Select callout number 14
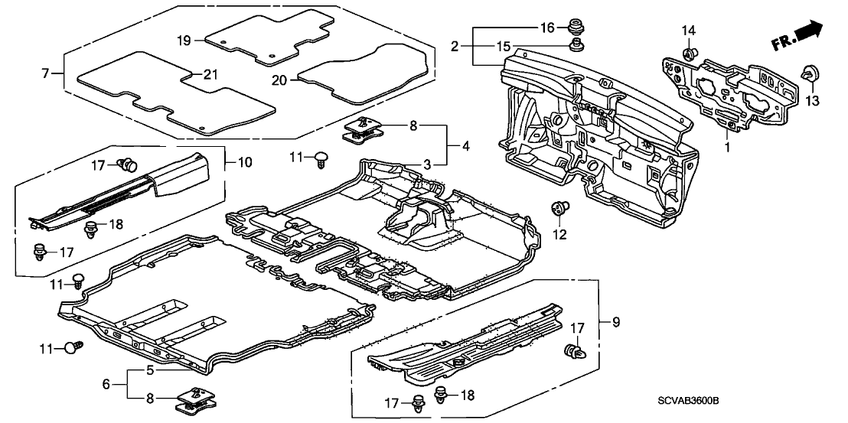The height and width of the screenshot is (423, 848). point(689,31)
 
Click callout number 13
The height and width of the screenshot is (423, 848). point(811,101)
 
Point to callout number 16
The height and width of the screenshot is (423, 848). point(547,28)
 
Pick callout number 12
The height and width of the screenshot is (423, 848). point(561,234)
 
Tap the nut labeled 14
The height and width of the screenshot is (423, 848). point(687,53)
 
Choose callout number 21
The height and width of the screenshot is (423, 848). point(208,74)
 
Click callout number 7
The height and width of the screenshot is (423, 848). point(45,74)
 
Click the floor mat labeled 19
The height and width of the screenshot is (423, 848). point(272,38)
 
